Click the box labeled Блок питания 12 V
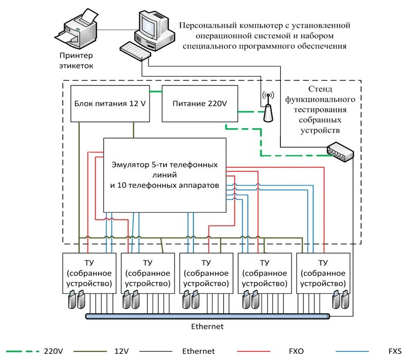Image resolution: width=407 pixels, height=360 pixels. [110, 104]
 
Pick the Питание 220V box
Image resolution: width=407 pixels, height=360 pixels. [194, 104]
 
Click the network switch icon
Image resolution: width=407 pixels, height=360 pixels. [340, 153]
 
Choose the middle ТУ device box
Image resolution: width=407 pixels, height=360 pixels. [206, 273]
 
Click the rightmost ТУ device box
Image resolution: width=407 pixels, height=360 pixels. [323, 273]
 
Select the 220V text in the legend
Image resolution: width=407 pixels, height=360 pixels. [53, 351]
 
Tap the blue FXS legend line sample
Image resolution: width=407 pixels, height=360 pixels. [355, 351]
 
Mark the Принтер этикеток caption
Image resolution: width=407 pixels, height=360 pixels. [77, 61]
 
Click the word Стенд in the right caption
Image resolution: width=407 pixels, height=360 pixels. [317, 91]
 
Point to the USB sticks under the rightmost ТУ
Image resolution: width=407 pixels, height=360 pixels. [340, 300]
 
